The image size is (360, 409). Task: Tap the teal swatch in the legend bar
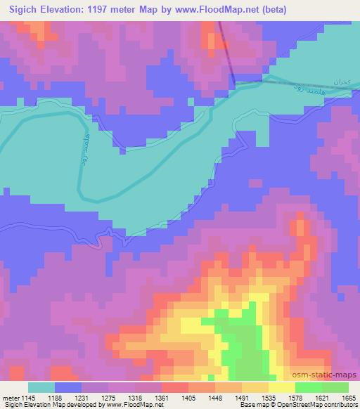tap(41, 387)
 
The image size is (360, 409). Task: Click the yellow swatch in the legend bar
tap(281, 387)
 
